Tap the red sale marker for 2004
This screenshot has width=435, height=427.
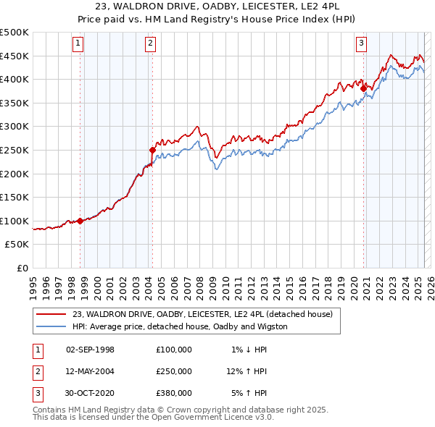click(x=152, y=151)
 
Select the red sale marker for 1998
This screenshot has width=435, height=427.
click(x=80, y=221)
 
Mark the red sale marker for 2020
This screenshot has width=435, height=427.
click(x=363, y=89)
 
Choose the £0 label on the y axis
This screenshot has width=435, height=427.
click(x=23, y=268)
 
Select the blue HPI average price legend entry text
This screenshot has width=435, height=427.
click(x=180, y=326)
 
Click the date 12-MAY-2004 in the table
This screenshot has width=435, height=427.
click(x=90, y=371)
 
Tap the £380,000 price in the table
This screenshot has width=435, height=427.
click(x=174, y=393)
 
